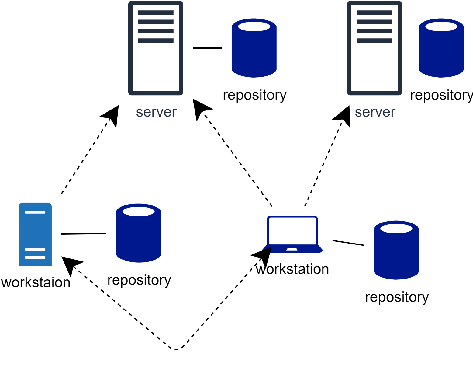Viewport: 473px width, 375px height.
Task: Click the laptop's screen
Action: click(x=292, y=230)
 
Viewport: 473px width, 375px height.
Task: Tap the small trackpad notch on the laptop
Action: click(x=292, y=249)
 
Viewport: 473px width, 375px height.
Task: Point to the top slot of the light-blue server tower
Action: click(x=35, y=212)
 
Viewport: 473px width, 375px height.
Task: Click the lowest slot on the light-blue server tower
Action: click(x=35, y=258)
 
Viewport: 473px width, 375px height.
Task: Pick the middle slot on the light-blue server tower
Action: click(x=35, y=249)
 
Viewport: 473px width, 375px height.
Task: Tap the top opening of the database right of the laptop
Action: click(x=396, y=229)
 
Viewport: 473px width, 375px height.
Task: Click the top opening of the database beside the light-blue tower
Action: click(x=139, y=211)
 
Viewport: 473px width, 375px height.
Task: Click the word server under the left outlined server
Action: click(x=156, y=112)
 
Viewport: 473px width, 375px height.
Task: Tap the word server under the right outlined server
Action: click(x=375, y=112)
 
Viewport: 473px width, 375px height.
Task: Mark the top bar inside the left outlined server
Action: click(x=156, y=12)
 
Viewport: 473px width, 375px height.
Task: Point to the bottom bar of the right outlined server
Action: click(x=375, y=40)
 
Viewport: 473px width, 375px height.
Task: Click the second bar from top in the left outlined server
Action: click(x=156, y=22)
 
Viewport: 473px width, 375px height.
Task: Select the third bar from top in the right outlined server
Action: click(x=375, y=31)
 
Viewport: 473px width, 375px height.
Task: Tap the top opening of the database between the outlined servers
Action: click(x=254, y=26)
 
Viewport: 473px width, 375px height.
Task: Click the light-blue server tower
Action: click(x=35, y=231)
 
